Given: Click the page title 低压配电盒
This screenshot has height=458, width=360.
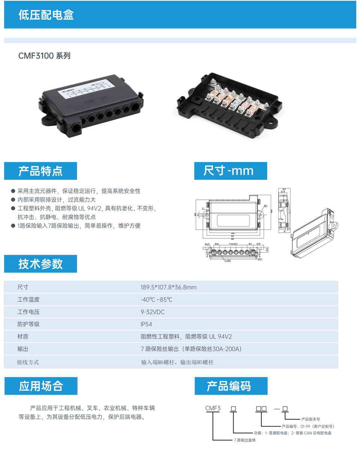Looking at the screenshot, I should tap(46, 15).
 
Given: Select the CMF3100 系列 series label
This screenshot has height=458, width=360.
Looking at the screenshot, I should tap(44, 56).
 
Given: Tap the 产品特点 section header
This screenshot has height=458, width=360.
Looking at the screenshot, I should tap(40, 171).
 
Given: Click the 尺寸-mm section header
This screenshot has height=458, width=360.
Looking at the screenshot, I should tap(228, 171).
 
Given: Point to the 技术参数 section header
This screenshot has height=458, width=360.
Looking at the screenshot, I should tap(40, 264).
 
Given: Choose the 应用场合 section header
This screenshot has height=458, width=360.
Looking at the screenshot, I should tap(41, 386).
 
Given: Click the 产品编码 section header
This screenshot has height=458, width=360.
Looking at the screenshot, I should tap(229, 386).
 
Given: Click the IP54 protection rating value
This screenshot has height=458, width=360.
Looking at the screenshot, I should tap(146, 324).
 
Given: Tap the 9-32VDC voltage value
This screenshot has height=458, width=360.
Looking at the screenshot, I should tap(152, 312).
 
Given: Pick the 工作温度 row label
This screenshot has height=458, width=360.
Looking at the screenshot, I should tap(28, 299).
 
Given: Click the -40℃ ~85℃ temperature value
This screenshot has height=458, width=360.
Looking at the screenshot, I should tap(156, 299).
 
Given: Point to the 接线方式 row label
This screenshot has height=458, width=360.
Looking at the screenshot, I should tap(28, 362).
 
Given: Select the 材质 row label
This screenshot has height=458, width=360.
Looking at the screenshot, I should tap(23, 337).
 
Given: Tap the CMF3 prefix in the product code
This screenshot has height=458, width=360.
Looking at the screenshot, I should tap(213, 409).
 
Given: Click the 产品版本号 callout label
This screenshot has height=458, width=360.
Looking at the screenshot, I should tap(310, 419).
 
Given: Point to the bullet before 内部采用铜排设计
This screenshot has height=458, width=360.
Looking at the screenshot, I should tap(13, 200).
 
